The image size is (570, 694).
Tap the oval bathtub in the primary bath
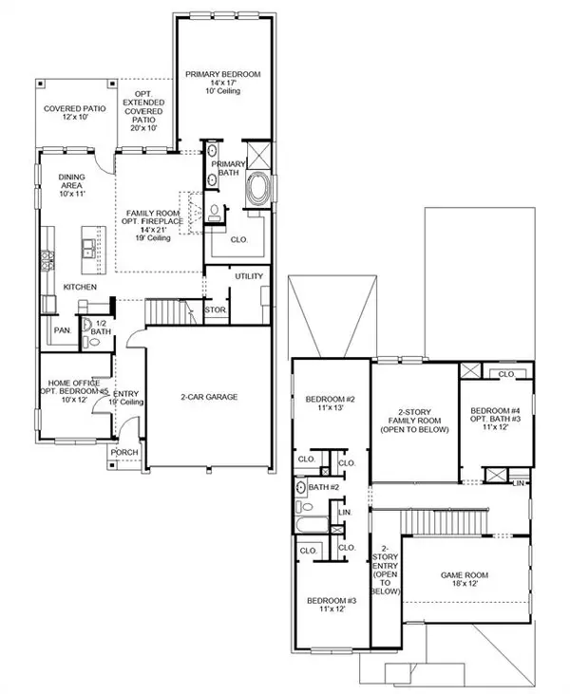point(257,190)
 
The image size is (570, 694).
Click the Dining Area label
point(72,185)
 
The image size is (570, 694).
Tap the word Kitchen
point(80,287)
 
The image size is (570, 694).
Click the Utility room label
point(250,276)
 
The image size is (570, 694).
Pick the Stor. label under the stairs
point(217,309)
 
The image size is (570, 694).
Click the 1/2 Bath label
point(100,328)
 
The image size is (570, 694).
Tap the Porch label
point(123,452)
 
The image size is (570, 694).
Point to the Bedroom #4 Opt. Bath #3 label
point(492,418)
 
